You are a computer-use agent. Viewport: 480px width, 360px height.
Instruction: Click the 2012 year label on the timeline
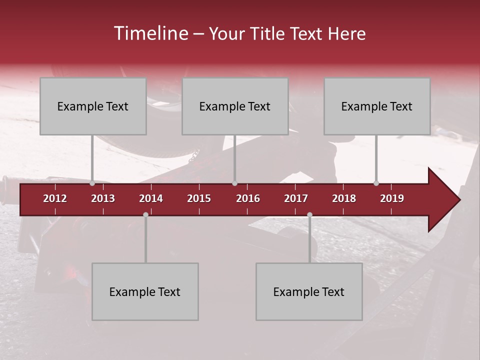55,198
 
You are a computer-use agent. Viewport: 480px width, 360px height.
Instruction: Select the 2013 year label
103,198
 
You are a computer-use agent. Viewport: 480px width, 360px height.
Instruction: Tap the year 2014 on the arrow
151,198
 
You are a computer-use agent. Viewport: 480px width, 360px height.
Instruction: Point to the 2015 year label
199,198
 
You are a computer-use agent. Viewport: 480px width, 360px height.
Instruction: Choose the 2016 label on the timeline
248,198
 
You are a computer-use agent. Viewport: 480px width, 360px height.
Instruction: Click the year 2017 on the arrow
296,198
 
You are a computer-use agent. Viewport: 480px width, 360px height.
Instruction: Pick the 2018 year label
344,198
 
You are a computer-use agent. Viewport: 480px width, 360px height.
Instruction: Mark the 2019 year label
392,198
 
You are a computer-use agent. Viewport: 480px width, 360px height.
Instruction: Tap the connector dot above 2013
92,183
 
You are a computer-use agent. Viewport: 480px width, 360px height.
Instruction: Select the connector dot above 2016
234,183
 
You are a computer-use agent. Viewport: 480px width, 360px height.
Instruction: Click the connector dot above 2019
376,183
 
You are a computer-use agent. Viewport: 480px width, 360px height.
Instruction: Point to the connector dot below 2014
145,214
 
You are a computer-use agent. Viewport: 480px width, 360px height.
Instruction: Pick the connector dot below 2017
309,214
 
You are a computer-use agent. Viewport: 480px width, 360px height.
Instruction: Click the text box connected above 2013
93,106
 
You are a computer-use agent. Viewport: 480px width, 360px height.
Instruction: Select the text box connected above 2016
235,106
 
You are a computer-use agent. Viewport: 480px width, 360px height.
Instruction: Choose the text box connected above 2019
377,106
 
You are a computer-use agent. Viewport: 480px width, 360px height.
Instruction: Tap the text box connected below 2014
145,291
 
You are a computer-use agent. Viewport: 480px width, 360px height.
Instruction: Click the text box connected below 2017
309,291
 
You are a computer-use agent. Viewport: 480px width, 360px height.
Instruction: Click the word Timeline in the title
150,33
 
